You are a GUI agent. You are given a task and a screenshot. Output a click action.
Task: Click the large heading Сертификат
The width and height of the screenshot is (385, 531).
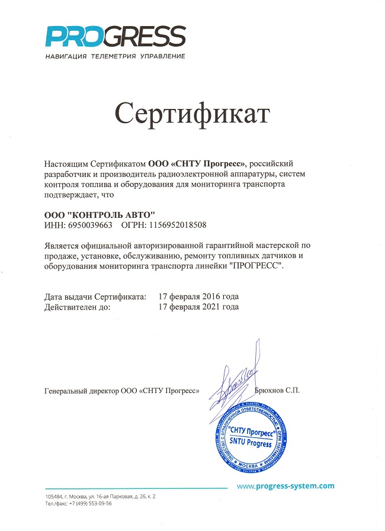point(192,113)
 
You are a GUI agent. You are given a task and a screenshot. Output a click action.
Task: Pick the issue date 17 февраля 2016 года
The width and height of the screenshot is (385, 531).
point(199,296)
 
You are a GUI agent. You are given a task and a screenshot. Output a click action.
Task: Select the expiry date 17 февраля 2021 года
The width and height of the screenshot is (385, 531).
point(199,307)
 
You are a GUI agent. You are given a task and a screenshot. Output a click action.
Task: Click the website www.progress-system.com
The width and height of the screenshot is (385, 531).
point(285,486)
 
